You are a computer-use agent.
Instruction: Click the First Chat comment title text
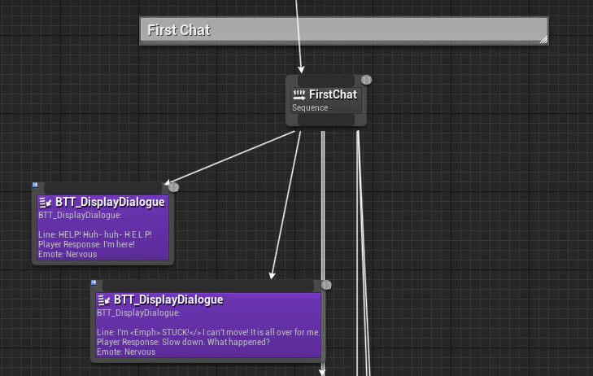178,30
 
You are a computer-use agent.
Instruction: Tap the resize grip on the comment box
543,40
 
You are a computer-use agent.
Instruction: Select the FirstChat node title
333,94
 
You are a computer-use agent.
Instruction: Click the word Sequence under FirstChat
310,107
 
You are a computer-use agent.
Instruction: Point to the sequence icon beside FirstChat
299,95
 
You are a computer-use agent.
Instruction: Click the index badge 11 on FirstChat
366,80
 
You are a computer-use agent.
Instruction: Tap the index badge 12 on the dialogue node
173,187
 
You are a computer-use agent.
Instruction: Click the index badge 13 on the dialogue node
326,285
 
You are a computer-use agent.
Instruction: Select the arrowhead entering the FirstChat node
301,70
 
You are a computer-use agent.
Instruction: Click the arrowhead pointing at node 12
168,182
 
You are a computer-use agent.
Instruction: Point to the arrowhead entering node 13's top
272,275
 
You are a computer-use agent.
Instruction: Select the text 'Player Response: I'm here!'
86,244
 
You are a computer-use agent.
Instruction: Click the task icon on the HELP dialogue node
45,203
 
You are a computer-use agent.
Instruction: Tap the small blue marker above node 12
35,185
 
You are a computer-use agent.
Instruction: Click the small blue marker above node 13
94,282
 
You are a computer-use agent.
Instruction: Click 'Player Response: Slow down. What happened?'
183,342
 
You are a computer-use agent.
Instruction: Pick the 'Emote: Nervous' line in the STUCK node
126,352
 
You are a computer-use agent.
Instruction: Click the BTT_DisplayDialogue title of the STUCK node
168,299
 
